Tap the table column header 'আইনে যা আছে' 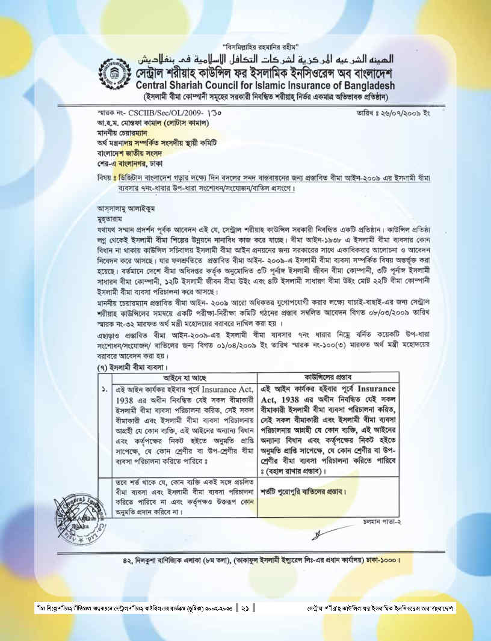(x=185, y=378)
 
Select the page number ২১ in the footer (x=245, y=608)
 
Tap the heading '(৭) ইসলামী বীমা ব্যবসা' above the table (x=133, y=367)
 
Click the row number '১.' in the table (x=105, y=389)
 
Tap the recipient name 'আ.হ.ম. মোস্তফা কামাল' (x=144, y=123)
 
